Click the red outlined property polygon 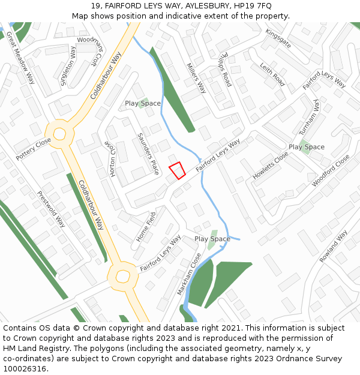pyautogui.click(x=176, y=170)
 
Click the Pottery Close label pyautogui.click(x=34, y=149)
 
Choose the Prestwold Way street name pyautogui.click(x=51, y=209)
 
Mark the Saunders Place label pyautogui.click(x=148, y=153)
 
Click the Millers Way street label pyautogui.click(x=196, y=78)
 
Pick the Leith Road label pyautogui.click(x=272, y=74)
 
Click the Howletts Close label pyautogui.click(x=271, y=168)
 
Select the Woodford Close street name pyautogui.click(x=330, y=170)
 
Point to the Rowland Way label pyautogui.click(x=333, y=246)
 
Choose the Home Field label pyautogui.click(x=146, y=226)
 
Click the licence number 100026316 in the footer pyautogui.click(x=25, y=368)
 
